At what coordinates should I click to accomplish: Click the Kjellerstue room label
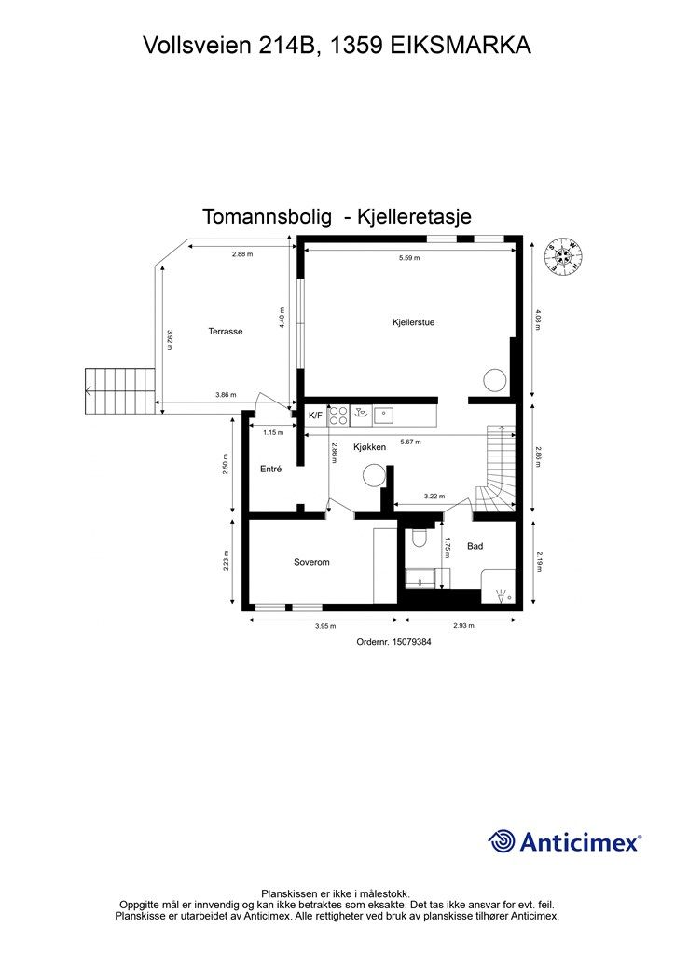pyautogui.click(x=413, y=322)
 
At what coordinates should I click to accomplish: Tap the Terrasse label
pyautogui.click(x=226, y=331)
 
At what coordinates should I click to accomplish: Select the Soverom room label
pyautogui.click(x=311, y=562)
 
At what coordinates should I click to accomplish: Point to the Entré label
pyautogui.click(x=270, y=469)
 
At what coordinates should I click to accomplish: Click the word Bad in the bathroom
pyautogui.click(x=475, y=546)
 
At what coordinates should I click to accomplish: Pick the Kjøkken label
pyautogui.click(x=369, y=447)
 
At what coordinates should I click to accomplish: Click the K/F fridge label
pyautogui.click(x=315, y=416)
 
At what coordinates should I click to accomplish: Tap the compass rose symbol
pyautogui.click(x=565, y=255)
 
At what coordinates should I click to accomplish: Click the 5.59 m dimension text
pyautogui.click(x=407, y=257)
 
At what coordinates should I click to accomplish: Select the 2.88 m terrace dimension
pyautogui.click(x=242, y=253)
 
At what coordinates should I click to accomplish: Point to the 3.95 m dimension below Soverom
pyautogui.click(x=324, y=626)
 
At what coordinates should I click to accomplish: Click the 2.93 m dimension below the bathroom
pyautogui.click(x=463, y=626)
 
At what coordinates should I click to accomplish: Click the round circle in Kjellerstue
pyautogui.click(x=493, y=380)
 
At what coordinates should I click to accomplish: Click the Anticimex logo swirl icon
pyautogui.click(x=502, y=841)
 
